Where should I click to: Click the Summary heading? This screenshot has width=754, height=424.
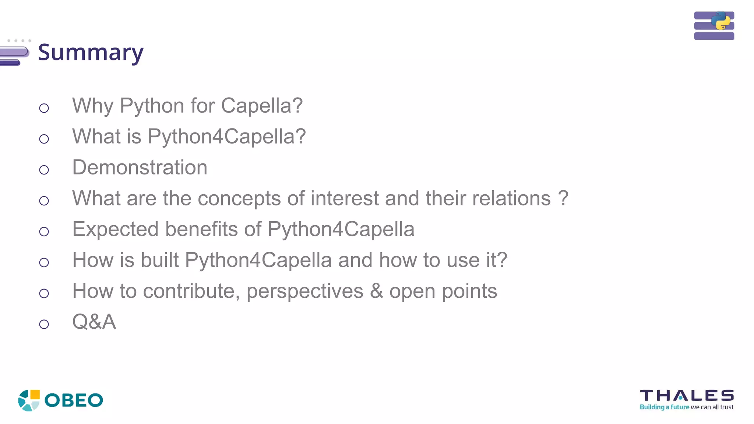click(91, 52)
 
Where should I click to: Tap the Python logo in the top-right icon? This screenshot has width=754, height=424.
click(720, 21)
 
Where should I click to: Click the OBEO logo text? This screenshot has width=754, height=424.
click(74, 400)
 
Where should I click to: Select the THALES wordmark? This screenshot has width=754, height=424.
click(687, 396)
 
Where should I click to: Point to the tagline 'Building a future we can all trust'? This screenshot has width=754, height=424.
click(686, 407)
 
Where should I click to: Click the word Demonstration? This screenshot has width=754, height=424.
click(140, 167)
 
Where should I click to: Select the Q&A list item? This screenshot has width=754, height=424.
click(94, 322)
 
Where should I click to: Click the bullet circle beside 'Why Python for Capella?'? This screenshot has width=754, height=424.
click(44, 108)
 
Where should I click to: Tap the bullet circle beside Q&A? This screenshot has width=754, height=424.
click(44, 324)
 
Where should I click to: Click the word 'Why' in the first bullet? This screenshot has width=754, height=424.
click(93, 106)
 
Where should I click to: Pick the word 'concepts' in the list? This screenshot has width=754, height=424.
click(239, 199)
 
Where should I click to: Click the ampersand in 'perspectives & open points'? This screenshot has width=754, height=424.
click(376, 291)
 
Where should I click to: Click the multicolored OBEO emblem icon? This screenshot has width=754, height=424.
click(29, 400)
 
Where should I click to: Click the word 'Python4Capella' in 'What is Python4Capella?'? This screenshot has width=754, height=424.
click(226, 137)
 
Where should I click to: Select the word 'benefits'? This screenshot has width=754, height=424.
click(201, 229)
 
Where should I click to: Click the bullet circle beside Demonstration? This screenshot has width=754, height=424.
click(44, 170)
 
